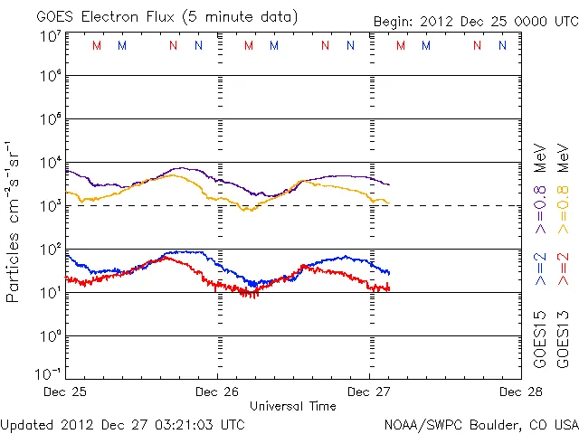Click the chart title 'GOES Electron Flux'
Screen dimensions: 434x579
click(x=117, y=17)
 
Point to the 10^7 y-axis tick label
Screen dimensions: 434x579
click(x=51, y=36)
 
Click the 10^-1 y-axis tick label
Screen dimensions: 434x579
click(x=49, y=373)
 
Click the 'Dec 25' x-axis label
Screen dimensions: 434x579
click(x=66, y=392)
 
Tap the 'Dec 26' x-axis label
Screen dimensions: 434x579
click(x=217, y=392)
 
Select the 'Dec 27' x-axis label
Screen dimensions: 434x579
click(x=369, y=392)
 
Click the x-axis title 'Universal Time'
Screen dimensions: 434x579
click(x=293, y=406)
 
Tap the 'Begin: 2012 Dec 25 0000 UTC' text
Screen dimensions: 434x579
click(x=475, y=21)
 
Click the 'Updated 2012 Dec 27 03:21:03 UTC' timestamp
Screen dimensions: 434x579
click(x=122, y=424)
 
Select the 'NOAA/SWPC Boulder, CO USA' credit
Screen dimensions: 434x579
click(x=481, y=424)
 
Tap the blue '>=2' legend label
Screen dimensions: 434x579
click(x=540, y=269)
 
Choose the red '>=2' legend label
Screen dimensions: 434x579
click(x=563, y=269)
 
